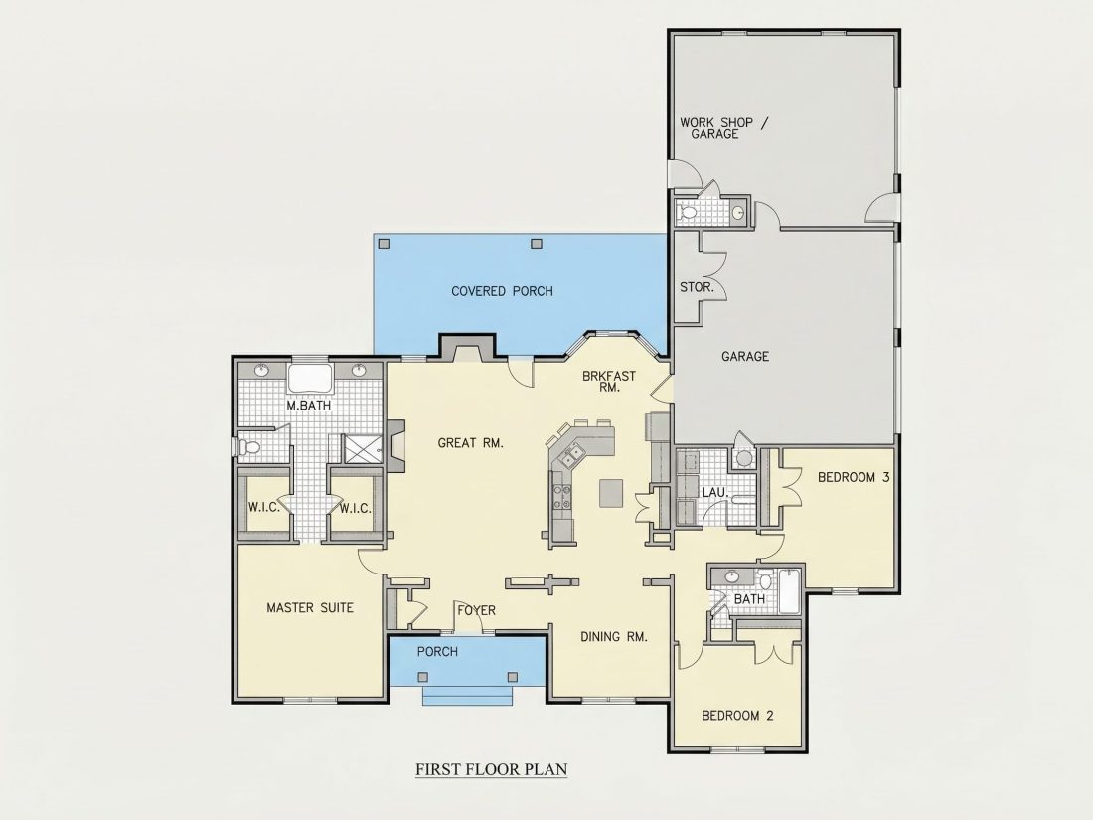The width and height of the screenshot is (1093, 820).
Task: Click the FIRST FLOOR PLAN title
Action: [492, 769]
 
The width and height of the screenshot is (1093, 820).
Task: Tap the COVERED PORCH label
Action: [502, 291]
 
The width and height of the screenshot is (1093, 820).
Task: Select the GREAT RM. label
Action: [471, 442]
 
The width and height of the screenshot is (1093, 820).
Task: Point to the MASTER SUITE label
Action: [310, 608]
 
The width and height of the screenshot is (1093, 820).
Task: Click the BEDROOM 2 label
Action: [737, 716]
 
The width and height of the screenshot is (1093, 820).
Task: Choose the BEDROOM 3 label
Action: [854, 478]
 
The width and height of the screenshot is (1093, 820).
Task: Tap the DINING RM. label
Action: [614, 636]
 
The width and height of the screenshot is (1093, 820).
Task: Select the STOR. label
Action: [697, 287]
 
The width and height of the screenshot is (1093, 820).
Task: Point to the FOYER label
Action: [477, 611]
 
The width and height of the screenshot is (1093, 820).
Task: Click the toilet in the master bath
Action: [248, 446]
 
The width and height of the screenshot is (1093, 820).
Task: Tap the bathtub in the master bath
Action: [310, 379]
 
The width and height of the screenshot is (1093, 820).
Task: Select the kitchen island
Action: [611, 493]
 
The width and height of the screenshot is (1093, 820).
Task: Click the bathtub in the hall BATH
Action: [790, 591]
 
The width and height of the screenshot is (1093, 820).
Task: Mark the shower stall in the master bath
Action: [363, 448]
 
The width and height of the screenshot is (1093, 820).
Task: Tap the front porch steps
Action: [468, 697]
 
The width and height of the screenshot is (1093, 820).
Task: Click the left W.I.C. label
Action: [264, 508]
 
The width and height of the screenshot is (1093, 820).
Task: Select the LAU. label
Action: [715, 493]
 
